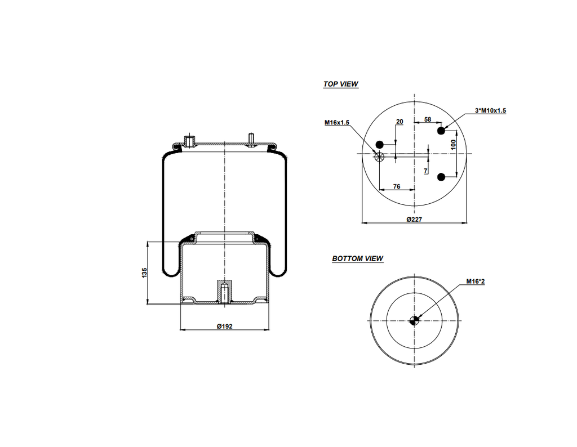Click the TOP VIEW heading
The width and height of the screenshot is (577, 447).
tap(340, 84)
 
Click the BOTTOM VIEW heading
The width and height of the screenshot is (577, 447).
tap(357, 259)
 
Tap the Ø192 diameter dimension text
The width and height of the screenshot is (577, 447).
tap(225, 326)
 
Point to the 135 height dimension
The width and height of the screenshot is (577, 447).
tap(144, 273)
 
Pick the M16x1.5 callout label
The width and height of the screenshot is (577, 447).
tap(337, 122)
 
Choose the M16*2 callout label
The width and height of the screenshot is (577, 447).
tap(476, 281)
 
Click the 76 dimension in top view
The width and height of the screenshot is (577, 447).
tap(397, 186)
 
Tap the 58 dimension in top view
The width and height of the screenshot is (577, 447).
tap(428, 120)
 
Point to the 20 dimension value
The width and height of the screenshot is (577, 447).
tap(400, 122)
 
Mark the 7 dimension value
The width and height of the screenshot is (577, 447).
tap(426, 171)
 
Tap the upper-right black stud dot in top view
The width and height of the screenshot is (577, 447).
tap(441, 131)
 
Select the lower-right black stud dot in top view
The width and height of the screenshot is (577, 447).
tap(441, 177)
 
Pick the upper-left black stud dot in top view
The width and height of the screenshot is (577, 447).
tap(379, 143)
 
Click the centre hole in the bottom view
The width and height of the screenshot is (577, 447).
tap(414, 321)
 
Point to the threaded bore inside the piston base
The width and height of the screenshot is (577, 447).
tap(224, 292)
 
